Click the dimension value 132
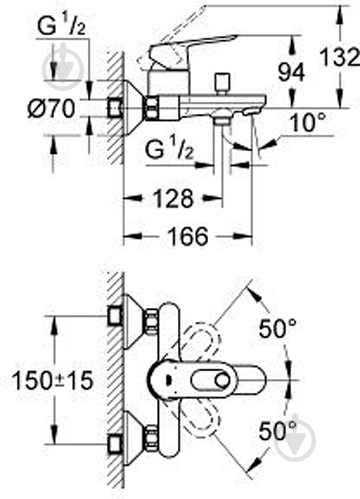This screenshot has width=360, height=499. (339, 57)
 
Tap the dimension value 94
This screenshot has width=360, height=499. (291, 73)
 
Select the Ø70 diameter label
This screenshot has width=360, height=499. (51, 109)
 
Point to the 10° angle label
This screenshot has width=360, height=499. (308, 122)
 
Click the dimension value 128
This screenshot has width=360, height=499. (173, 199)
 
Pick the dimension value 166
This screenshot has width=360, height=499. (188, 236)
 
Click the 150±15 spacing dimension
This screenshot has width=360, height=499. (53, 380)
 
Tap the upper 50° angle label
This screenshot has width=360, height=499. (278, 328)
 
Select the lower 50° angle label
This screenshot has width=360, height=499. (278, 431)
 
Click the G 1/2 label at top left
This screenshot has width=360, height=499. (61, 26)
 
